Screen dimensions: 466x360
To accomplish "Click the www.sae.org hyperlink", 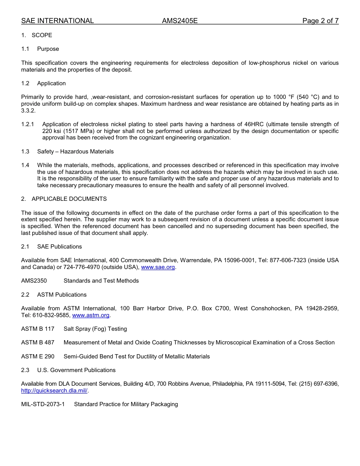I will coord(158,267).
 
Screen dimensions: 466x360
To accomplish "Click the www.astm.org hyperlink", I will coord(91,315).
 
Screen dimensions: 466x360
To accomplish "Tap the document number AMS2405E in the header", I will coord(180,21).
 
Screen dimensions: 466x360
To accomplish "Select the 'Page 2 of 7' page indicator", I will coord(320,21).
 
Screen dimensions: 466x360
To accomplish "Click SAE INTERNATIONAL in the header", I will coord(57,21).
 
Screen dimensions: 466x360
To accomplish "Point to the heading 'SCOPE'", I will coord(42,35).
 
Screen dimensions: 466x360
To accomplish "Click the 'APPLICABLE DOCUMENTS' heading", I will coord(69,199).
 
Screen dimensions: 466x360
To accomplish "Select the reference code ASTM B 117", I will coord(38,329).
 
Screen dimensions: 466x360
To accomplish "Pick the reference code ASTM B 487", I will coord(38,342).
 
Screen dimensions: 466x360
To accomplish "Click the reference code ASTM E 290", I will coord(38,357).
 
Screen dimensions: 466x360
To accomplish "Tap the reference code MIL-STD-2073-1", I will coord(43,404).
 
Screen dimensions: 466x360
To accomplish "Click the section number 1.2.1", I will coord(28,124).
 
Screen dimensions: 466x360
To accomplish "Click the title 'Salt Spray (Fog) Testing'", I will coord(95,329).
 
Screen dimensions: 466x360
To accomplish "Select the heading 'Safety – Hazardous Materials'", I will coord(75,152).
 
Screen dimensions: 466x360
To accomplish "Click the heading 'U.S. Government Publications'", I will coord(76,370).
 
